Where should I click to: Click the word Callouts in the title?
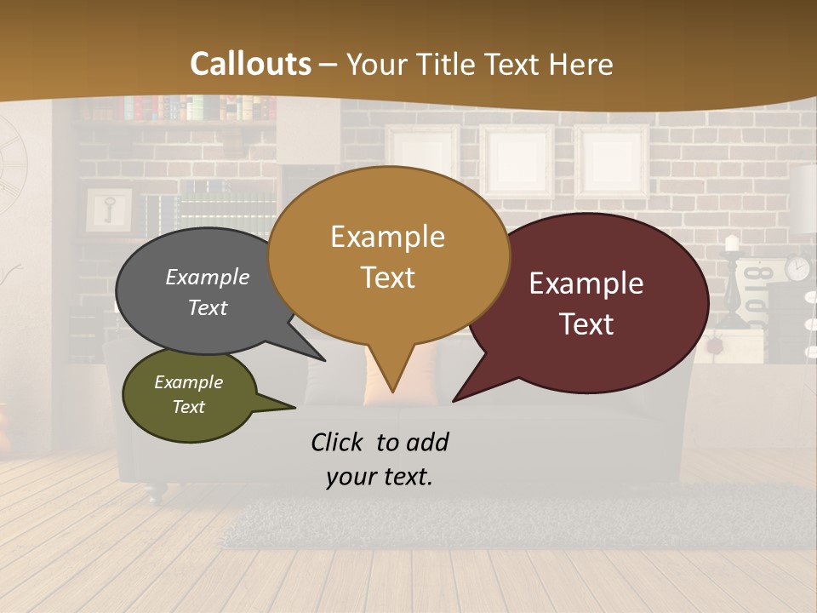point(250,64)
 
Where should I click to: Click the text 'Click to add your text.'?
point(380,460)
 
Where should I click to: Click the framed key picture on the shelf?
point(109,209)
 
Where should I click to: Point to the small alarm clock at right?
point(797,268)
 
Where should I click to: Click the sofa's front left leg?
point(151,491)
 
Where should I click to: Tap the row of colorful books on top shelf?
point(200,108)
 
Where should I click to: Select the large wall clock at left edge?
point(12,162)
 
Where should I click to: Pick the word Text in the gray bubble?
point(208,307)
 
